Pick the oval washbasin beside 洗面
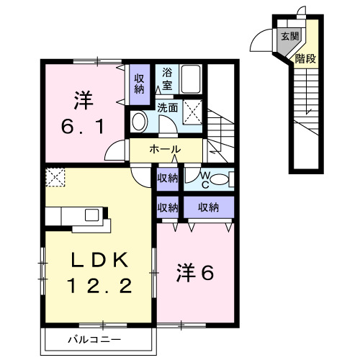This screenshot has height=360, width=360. click(x=139, y=122)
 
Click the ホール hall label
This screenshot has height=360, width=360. click(x=165, y=150)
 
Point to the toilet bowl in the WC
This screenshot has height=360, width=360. click(x=221, y=179)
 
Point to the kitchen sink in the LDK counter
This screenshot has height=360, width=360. click(x=93, y=215)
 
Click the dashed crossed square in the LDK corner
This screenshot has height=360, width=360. click(x=55, y=176)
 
